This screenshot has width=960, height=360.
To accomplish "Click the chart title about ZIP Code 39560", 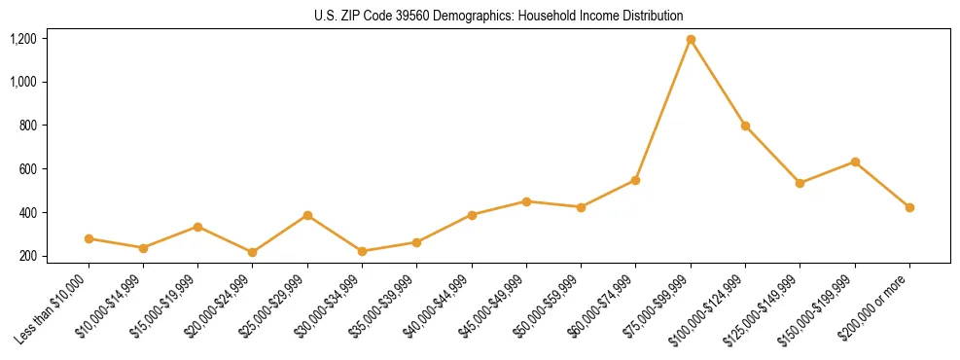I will click(x=499, y=16).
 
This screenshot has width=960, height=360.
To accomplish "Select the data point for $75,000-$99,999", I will click(x=691, y=40).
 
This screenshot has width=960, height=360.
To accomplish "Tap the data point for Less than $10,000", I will click(x=89, y=238).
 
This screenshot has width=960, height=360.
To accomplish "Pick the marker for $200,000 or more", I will click(x=909, y=207).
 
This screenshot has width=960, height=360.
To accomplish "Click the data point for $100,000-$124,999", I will click(x=745, y=126).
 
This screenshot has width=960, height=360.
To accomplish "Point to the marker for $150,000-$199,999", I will click(x=855, y=162).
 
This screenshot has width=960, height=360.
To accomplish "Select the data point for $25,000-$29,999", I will click(x=307, y=215).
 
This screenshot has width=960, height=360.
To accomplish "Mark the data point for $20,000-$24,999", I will click(x=253, y=252).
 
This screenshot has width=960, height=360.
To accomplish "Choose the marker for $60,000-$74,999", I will click(x=635, y=180).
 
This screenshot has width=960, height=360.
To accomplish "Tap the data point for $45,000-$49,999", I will click(x=526, y=201).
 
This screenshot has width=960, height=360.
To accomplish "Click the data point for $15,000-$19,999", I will click(x=198, y=227).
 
